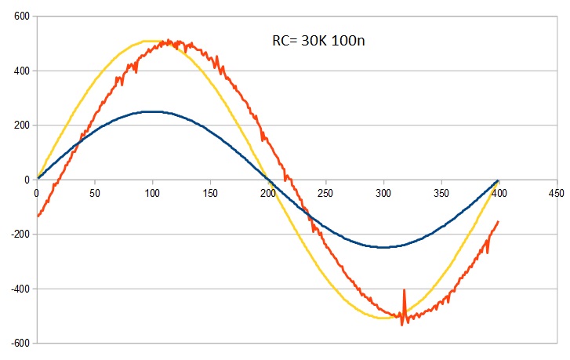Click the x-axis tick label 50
point(94,191)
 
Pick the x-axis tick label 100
point(152,191)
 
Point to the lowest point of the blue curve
point(383,247)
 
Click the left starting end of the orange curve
point(37,215)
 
